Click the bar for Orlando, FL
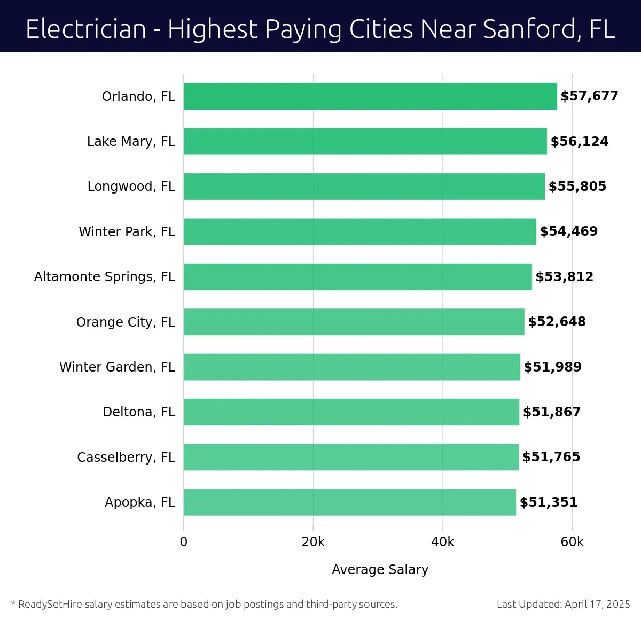tap(370, 96)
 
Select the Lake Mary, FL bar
tap(365, 141)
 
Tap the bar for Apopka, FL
tap(350, 502)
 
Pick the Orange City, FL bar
tap(354, 322)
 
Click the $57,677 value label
tap(589, 96)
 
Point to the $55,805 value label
tap(577, 187)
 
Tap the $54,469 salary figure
tap(569, 231)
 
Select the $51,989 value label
tap(553, 367)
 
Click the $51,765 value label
tap(551, 457)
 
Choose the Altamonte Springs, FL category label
tap(105, 276)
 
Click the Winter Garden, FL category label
tap(118, 367)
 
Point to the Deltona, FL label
tap(139, 412)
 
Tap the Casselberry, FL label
tap(126, 457)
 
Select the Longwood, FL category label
tap(131, 187)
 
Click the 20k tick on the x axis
tap(313, 542)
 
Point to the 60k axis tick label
tap(572, 542)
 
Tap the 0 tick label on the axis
tap(184, 542)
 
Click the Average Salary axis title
tap(380, 569)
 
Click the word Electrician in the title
tap(86, 29)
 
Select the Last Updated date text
tap(563, 604)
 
